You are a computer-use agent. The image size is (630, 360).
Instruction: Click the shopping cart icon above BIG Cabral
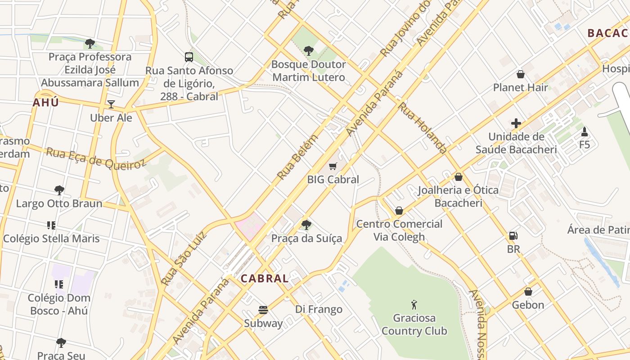point(333,166)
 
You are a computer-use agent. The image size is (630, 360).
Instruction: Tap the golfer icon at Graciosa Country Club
point(414,305)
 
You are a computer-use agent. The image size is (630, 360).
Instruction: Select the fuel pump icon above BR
point(513,236)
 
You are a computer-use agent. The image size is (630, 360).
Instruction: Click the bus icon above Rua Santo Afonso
point(189,57)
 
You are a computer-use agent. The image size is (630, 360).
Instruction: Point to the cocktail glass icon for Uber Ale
point(111,104)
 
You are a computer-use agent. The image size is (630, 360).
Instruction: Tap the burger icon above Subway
point(263,310)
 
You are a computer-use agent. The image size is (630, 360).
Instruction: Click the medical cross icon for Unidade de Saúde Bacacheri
point(516,123)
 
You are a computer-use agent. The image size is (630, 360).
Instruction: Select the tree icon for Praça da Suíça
point(306,225)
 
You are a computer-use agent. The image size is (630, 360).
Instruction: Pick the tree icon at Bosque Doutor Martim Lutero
point(309,51)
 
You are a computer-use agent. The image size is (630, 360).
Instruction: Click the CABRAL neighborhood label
point(265,279)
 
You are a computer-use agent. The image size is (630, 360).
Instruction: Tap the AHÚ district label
point(45,103)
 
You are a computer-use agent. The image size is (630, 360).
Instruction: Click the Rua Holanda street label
point(423,128)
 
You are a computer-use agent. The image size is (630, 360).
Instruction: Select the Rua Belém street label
point(297,157)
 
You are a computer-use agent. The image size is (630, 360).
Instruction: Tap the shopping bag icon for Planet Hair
point(521,74)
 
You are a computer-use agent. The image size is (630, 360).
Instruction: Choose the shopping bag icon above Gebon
point(528,292)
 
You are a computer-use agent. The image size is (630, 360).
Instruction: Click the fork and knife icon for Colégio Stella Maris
point(51,225)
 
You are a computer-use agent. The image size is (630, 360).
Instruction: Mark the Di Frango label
point(319,310)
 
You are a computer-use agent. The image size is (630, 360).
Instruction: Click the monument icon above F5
point(585,132)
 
